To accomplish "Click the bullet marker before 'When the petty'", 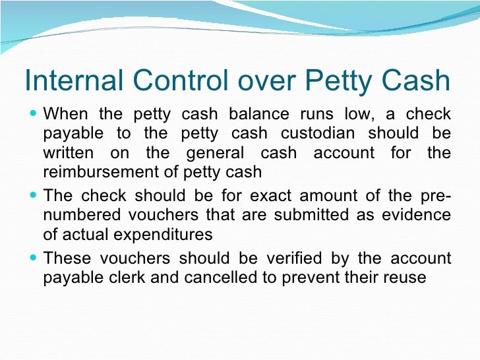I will pyautogui.click(x=34, y=113).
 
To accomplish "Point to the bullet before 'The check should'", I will pyautogui.click(x=34, y=196).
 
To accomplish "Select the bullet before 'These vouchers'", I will pyautogui.click(x=34, y=258).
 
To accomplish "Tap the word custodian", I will pyautogui.click(x=317, y=133).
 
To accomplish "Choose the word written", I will pyautogui.click(x=67, y=154).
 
